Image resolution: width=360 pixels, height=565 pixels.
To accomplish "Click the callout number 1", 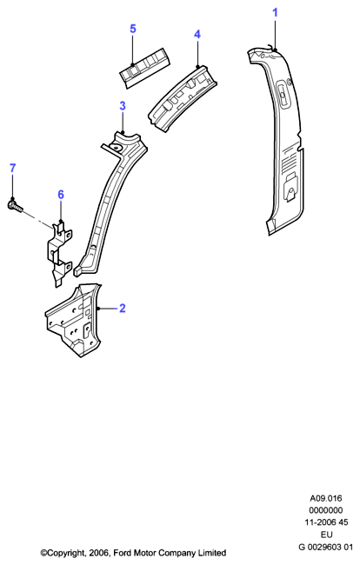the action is (276, 13).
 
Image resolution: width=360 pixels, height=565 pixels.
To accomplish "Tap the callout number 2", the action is (122, 309).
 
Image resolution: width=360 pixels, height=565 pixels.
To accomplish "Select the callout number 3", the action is (123, 106).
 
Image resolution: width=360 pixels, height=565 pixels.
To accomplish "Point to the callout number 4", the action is (197, 35).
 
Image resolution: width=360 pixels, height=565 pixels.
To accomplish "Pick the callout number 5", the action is (133, 29).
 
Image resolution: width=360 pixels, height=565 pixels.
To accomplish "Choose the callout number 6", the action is (61, 195).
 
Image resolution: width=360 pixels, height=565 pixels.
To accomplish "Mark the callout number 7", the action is (13, 169).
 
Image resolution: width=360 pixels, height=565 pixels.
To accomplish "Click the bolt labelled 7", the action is (15, 206).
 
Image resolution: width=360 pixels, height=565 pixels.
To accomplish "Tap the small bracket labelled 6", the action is (59, 253).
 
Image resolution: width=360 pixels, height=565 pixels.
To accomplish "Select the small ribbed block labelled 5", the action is (144, 67).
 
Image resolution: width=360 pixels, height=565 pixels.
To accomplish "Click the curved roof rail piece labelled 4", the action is (183, 98).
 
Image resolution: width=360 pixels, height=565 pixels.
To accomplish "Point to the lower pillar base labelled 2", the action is (74, 320).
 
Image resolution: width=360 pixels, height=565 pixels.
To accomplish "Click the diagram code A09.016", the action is (326, 498).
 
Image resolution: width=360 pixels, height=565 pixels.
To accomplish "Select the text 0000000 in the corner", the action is (326, 510).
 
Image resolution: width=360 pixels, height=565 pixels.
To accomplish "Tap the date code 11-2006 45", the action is (326, 522).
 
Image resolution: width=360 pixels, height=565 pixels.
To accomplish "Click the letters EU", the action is (326, 535).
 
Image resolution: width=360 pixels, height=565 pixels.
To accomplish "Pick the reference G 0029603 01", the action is (326, 547).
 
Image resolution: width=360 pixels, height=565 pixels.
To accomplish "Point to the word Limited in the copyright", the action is (213, 553).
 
